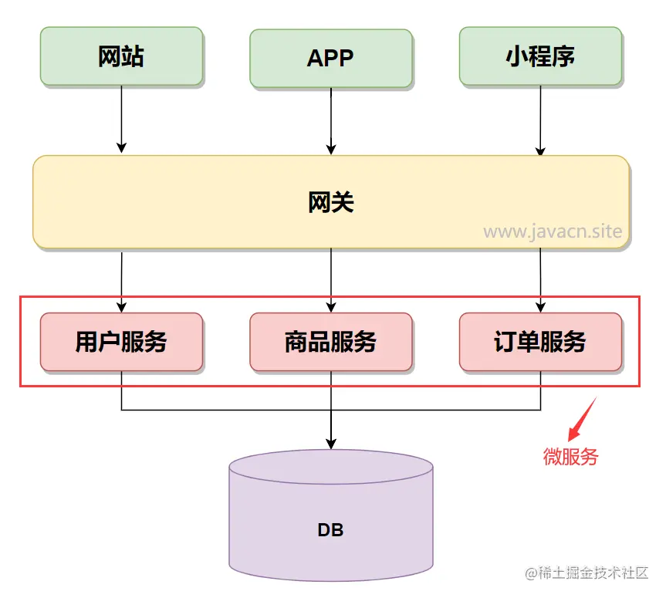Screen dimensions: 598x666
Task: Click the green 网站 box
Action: click(121, 56)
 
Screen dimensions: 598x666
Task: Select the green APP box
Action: click(330, 58)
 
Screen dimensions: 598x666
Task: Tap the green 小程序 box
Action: click(540, 56)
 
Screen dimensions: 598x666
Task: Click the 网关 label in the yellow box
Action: click(330, 202)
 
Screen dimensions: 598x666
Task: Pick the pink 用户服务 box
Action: click(121, 341)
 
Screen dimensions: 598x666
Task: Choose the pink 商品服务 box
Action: click(330, 341)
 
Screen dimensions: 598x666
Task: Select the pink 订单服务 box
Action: click(540, 341)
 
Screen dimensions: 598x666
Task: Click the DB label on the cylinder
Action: click(330, 530)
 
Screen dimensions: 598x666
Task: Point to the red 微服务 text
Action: click(570, 456)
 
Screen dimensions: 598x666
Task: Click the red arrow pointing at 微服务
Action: click(583, 419)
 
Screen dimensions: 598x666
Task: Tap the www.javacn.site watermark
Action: click(553, 231)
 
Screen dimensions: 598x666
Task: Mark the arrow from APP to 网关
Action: click(331, 120)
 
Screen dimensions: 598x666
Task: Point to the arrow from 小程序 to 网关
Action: click(540, 120)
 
